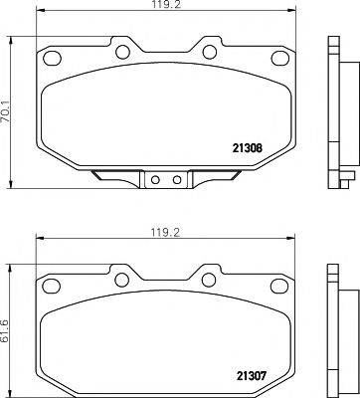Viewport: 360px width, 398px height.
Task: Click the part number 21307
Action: click(248, 376)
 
